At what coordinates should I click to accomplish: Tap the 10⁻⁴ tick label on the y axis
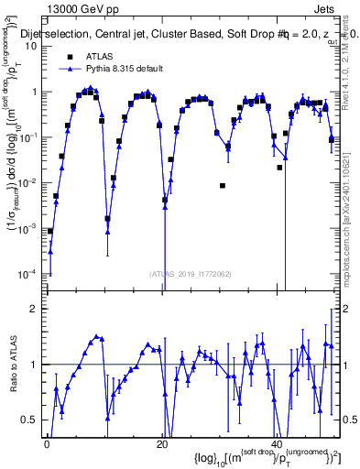[x=27, y=274]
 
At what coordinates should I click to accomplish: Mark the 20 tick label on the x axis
[x=162, y=445]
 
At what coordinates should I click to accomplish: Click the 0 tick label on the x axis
[x=47, y=445]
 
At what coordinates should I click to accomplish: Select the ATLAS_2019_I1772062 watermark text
[x=191, y=273]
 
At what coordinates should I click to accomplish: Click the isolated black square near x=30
[x=223, y=186]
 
